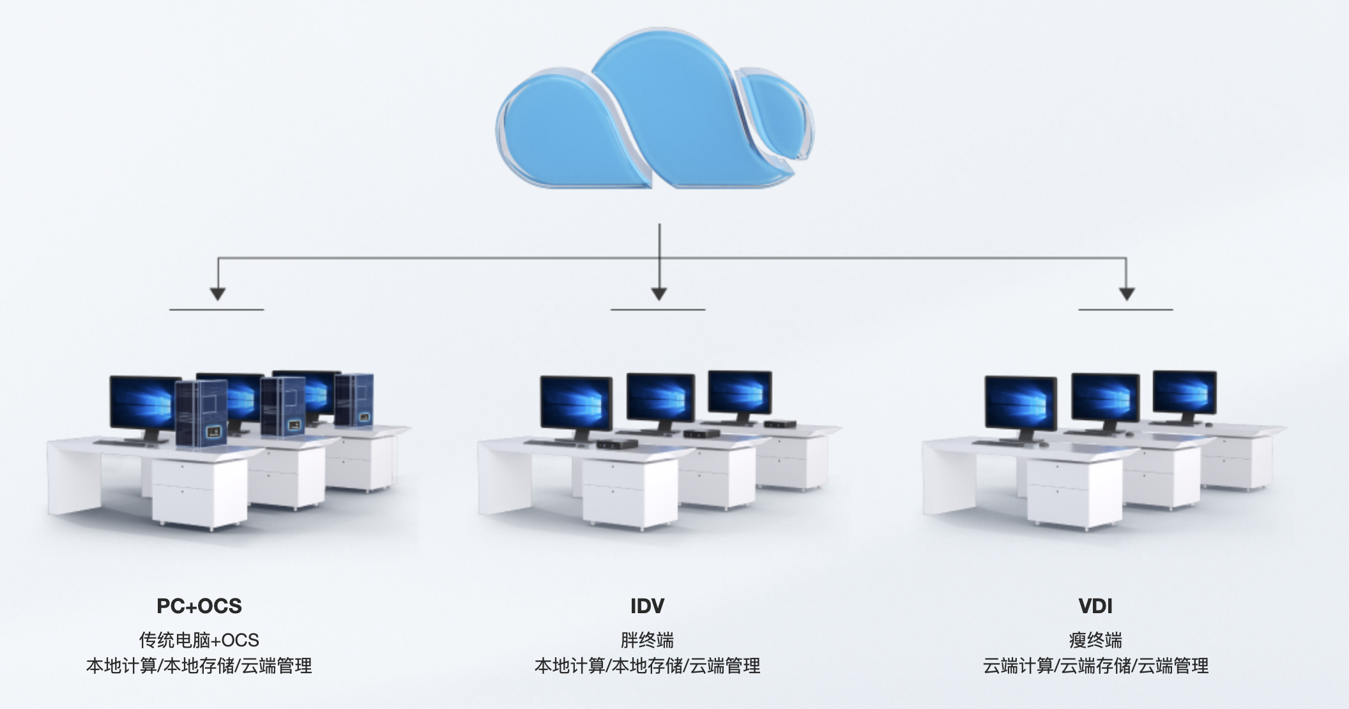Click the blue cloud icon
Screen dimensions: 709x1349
click(x=655, y=115)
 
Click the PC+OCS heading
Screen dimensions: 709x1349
click(x=199, y=606)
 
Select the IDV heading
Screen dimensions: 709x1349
click(x=647, y=606)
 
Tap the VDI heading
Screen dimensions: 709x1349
click(x=1095, y=606)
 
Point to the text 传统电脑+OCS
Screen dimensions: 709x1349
click(x=199, y=639)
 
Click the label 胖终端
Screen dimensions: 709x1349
click(x=647, y=639)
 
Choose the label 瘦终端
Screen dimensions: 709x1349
click(x=1095, y=639)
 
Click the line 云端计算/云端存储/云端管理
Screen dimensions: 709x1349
click(x=1095, y=666)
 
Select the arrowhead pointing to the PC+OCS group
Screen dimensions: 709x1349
click(x=218, y=293)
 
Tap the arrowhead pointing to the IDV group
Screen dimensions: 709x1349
click(x=659, y=293)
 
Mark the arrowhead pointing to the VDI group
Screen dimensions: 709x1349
click(x=1127, y=293)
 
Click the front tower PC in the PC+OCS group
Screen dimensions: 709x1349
click(x=201, y=414)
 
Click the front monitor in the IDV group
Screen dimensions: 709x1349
click(x=576, y=404)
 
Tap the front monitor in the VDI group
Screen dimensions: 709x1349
click(x=1020, y=404)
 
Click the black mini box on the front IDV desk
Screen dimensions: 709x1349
click(x=616, y=444)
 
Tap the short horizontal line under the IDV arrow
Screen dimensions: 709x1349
click(x=658, y=310)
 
